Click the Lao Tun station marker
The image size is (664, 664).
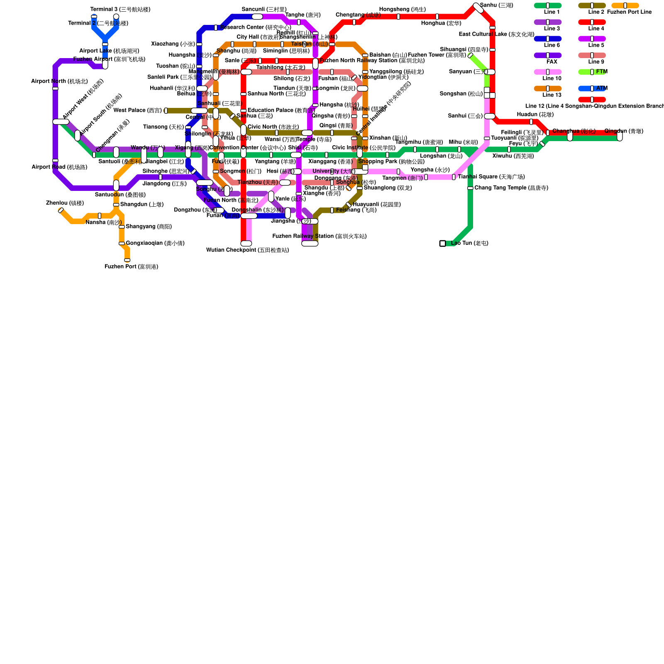pos(442,244)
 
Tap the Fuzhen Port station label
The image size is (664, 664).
pos(131,267)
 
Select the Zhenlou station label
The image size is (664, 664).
pos(65,203)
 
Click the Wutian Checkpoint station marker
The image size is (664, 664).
pos(246,244)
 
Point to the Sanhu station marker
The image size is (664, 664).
pos(478,8)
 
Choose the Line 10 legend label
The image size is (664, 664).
pos(552,78)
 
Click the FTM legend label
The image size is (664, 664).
pos(601,72)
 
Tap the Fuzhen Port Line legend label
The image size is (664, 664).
pos(629,12)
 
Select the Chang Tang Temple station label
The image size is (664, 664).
pos(511,188)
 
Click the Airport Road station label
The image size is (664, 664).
pos(59,167)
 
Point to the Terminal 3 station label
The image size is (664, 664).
pos(120,10)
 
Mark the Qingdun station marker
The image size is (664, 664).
pos(620,136)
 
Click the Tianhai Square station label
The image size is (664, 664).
pos(491,177)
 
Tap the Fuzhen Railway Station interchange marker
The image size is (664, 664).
pos(310,244)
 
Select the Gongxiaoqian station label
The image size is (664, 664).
pos(155,243)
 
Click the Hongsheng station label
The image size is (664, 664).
pos(402,10)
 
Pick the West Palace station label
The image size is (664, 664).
pos(137,110)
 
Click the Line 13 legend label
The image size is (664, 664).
pos(552,95)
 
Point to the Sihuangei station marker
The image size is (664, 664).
pos(470,55)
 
